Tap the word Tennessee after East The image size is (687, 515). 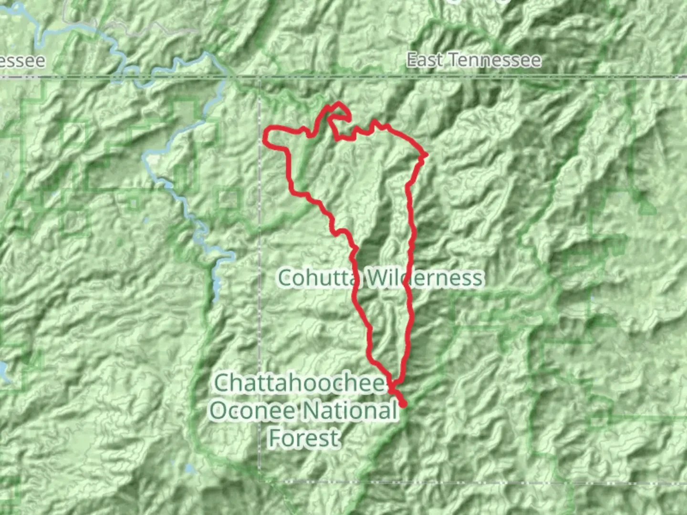tap(494, 61)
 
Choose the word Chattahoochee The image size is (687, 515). tap(300, 383)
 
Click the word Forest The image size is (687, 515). tap(304, 438)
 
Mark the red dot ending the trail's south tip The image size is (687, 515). tap(404, 404)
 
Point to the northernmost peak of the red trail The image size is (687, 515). tap(339, 103)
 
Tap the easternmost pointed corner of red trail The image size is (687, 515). tap(426, 154)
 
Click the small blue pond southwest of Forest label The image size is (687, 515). tap(190, 468)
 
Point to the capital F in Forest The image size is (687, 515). tap(275, 438)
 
